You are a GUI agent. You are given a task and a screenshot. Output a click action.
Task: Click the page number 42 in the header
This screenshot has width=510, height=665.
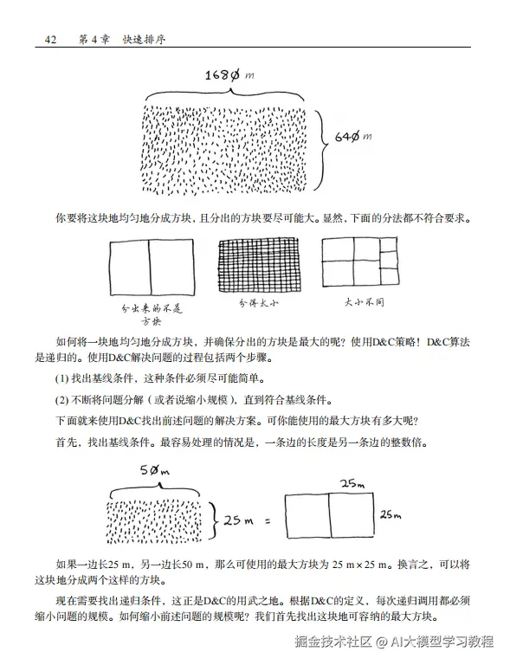point(48,40)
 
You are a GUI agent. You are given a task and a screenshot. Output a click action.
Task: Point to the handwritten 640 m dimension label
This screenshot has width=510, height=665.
point(353,137)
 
